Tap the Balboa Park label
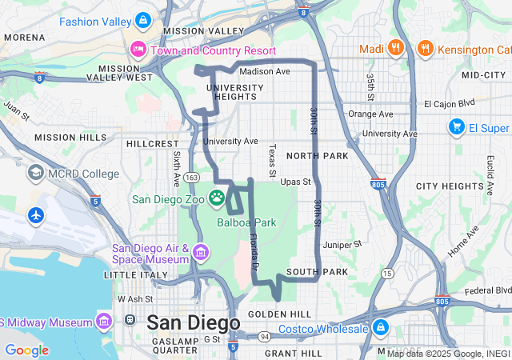coord(246,222)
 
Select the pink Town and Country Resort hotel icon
coord(138,50)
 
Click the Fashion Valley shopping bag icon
coord(142,19)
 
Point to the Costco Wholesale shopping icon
coord(379,328)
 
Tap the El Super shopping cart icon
coord(457,126)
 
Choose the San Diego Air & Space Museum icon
coord(200,254)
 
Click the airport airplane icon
coord(36,215)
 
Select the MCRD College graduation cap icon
coord(36,173)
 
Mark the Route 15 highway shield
coord(387,274)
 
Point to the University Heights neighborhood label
coord(230,91)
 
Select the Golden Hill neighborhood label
coord(279,314)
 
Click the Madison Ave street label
coord(264,71)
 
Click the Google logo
coord(26,350)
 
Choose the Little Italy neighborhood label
coord(132,274)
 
